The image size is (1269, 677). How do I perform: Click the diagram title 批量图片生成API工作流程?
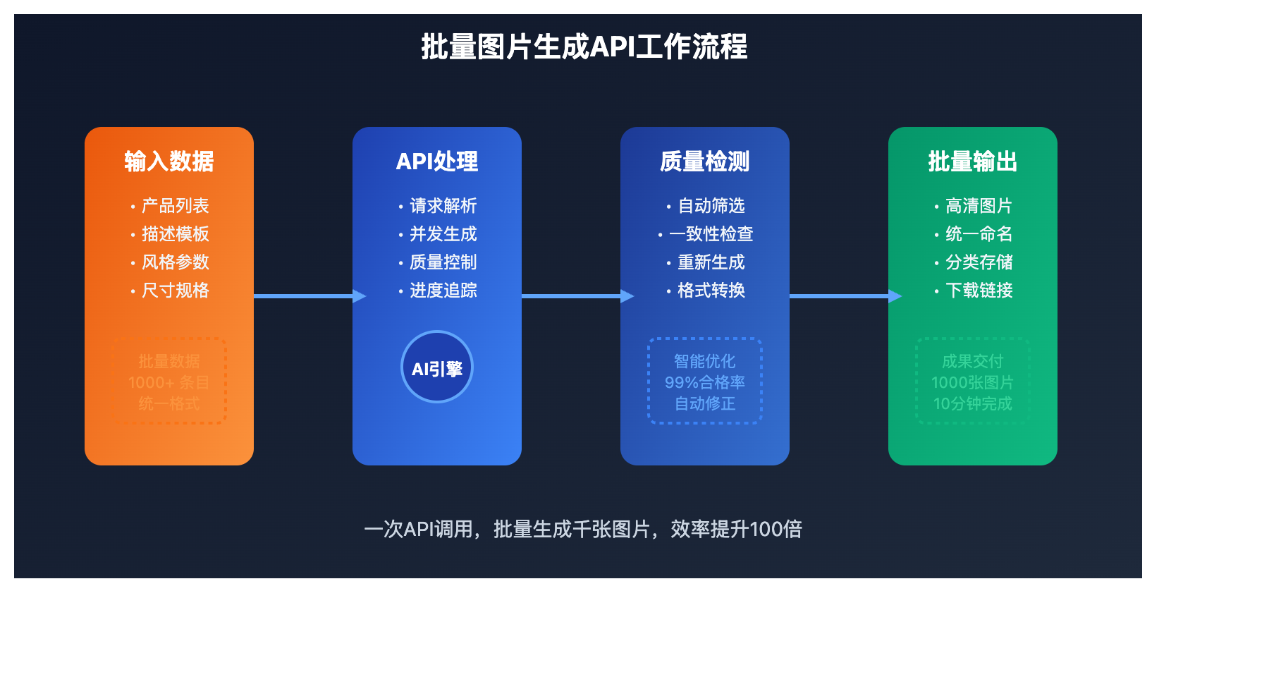[584, 47]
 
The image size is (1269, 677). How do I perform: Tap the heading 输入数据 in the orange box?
[169, 161]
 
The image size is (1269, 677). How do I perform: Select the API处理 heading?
[437, 161]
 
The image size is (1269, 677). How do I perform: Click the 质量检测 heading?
[705, 161]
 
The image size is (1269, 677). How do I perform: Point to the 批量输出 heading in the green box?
[973, 161]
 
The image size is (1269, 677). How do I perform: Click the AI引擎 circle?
[437, 367]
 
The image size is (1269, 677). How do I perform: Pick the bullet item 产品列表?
[175, 206]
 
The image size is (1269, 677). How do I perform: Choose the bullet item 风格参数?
[175, 262]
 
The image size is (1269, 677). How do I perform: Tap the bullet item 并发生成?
[443, 234]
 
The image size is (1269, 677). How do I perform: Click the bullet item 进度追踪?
[443, 291]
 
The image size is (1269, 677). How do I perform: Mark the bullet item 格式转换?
[711, 291]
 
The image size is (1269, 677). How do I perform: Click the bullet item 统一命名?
[979, 234]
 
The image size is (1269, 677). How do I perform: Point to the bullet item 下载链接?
[979, 291]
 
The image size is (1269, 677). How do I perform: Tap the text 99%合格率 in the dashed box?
[705, 382]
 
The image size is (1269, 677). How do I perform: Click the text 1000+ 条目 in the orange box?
[168, 382]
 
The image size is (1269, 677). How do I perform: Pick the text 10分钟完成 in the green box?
[973, 403]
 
